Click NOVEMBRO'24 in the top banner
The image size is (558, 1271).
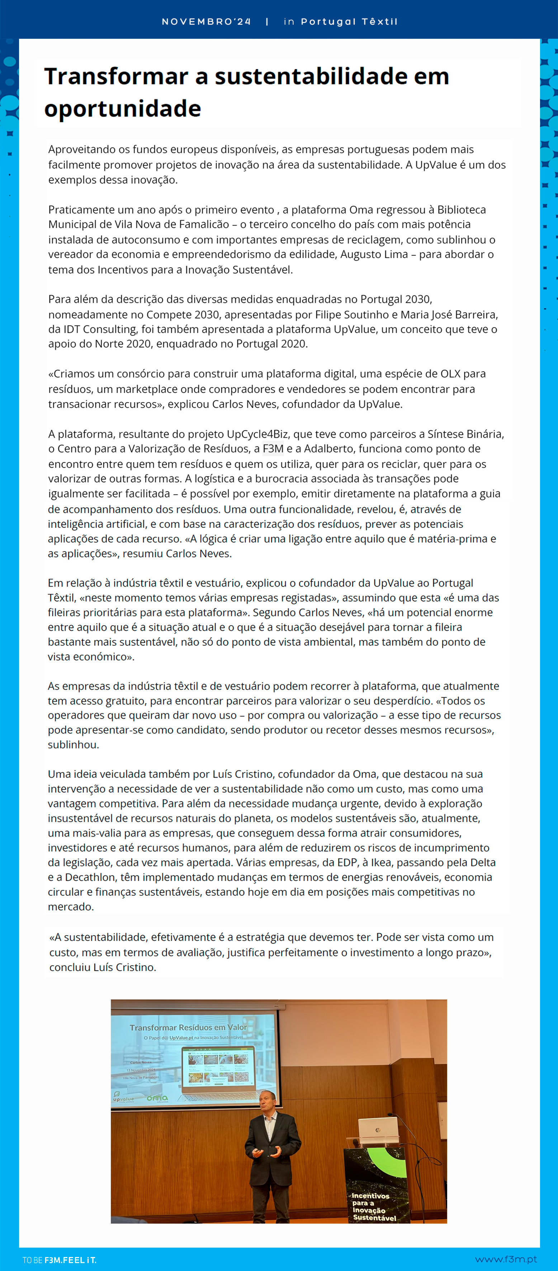tap(206, 22)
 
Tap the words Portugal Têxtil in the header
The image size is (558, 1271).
tap(349, 22)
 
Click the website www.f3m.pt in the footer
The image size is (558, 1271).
tap(506, 1259)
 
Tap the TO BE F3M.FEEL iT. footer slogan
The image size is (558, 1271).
tap(59, 1260)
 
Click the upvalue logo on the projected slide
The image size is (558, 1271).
tap(123, 1099)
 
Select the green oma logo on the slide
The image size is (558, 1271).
tap(157, 1098)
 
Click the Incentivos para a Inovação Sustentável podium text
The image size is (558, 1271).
tap(373, 1206)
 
